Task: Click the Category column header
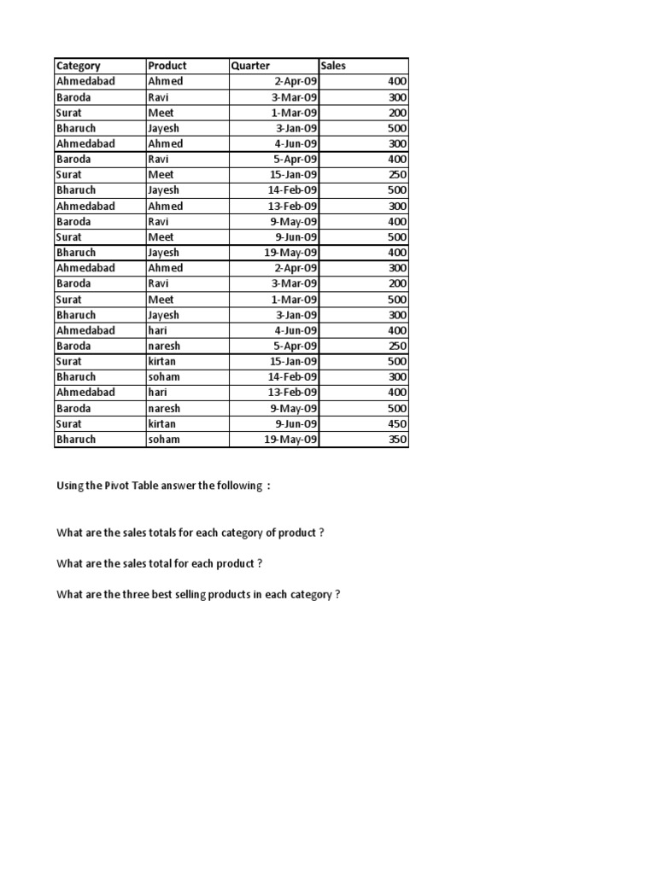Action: (79, 66)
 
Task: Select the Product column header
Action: (167, 66)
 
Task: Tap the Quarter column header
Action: (250, 66)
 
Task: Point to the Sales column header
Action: (334, 66)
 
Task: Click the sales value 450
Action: (397, 423)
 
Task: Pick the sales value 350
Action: (397, 440)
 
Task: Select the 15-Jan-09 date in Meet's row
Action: (293, 175)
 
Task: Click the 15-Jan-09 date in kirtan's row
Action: (293, 361)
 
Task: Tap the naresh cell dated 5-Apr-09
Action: (164, 346)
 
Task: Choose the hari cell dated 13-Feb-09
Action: (159, 393)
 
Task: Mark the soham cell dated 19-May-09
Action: (164, 440)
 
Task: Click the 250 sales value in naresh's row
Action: (397, 346)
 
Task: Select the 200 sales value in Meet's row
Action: (397, 113)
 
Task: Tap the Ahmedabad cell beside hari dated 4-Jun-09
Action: (85, 330)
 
